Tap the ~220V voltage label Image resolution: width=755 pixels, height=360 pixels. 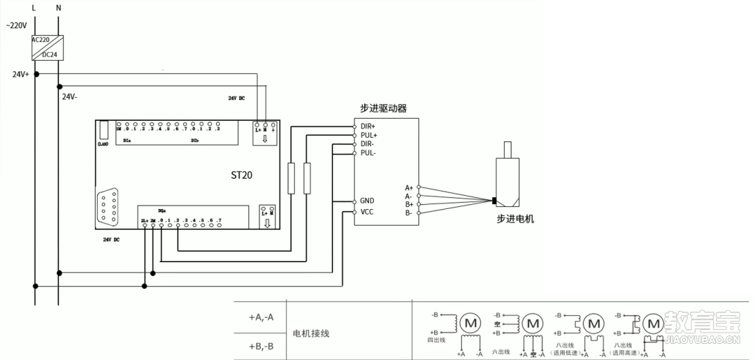click(x=16, y=25)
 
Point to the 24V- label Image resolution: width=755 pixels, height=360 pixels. click(x=70, y=96)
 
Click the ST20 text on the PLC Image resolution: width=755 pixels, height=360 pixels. click(x=241, y=175)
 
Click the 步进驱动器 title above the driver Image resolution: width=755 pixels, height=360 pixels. click(x=383, y=108)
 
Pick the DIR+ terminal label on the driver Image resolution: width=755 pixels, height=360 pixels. click(x=368, y=126)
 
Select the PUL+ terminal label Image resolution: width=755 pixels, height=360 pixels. click(x=368, y=135)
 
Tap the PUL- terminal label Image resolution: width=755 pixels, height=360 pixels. click(x=368, y=152)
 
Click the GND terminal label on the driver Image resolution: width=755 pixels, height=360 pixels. click(x=367, y=201)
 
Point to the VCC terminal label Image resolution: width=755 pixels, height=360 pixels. click(x=367, y=212)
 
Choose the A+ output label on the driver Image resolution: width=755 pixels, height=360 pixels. click(x=409, y=187)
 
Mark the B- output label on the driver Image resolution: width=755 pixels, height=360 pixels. click(x=409, y=212)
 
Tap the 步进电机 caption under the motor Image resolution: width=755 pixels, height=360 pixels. click(x=515, y=219)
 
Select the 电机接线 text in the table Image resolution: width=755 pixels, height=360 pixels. click(x=310, y=333)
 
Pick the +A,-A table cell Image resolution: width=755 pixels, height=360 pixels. click(x=261, y=317)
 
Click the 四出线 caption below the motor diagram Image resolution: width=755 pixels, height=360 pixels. click(x=436, y=340)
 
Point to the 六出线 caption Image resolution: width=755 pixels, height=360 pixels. click(x=501, y=351)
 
